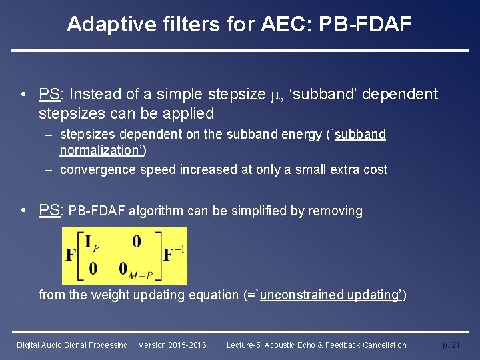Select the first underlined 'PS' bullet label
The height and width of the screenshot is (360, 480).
(49, 95)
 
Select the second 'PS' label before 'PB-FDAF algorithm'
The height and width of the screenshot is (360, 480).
(49, 211)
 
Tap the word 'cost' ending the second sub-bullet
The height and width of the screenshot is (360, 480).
(373, 169)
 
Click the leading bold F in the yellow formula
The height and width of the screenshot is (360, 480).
(71, 255)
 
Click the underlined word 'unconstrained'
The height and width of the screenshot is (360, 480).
(303, 295)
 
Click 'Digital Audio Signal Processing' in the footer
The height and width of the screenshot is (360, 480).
(72, 345)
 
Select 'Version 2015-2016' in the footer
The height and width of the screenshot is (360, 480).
(172, 345)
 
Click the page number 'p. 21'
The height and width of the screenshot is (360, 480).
(451, 345)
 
